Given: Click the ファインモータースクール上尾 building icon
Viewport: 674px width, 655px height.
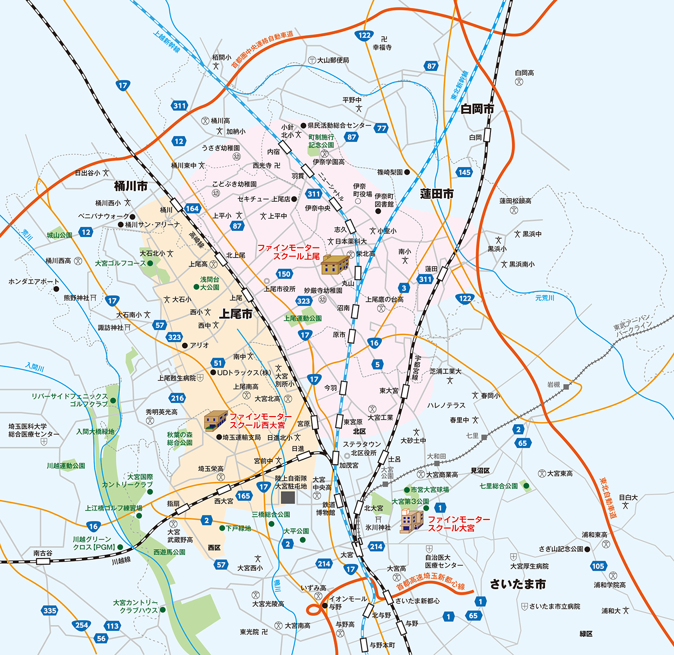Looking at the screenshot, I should coord(335,265).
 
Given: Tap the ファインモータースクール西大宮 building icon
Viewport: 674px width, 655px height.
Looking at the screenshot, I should coord(216,421).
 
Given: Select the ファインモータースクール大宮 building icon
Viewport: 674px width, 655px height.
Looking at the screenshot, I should coord(412,521).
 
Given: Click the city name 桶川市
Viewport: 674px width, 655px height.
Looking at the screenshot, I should coord(131,186).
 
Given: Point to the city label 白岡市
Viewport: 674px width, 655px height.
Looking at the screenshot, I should coord(477,109).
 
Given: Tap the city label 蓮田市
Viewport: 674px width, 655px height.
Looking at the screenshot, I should coord(437,194).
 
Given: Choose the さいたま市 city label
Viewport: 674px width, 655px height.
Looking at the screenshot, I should coord(518,584).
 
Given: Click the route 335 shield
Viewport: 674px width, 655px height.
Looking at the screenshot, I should coord(50,610).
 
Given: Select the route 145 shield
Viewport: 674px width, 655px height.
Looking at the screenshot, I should coord(464,172).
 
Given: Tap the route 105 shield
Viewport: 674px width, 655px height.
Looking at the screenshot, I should coord(598,566).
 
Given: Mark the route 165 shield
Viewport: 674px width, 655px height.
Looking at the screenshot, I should coord(244,496).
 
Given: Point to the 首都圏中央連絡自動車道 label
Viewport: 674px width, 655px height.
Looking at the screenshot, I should coord(262,49).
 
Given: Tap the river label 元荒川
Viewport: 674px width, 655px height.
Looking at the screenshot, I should coord(545,298).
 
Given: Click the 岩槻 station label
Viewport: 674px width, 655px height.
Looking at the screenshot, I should coord(553,384).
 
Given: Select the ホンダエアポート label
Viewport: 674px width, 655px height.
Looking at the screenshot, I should coord(34,282).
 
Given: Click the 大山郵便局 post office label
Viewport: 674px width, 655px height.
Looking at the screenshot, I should coord(333,60).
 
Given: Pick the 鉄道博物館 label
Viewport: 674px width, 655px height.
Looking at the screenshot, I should coord(325,508).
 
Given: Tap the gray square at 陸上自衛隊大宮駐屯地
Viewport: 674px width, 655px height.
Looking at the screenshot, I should coord(288,497).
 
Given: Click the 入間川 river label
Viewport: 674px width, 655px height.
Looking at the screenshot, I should coord(35,367).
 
